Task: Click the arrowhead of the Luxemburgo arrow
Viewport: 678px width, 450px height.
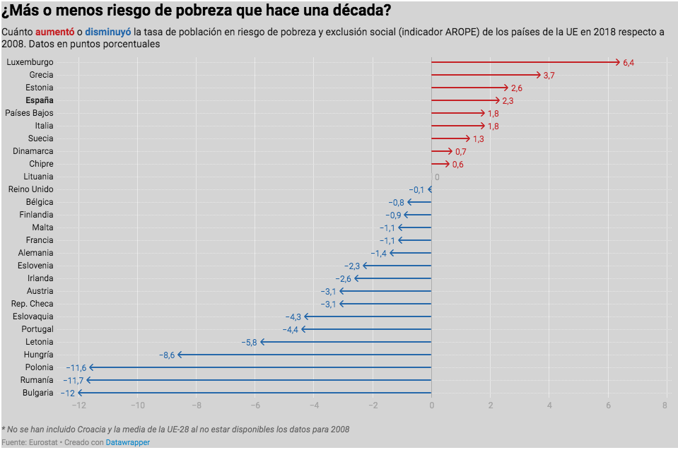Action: pos(618,62)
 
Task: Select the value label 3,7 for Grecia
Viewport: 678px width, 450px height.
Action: pos(549,75)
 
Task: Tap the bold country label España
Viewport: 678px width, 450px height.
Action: pos(40,100)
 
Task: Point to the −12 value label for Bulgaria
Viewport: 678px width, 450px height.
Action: pos(67,393)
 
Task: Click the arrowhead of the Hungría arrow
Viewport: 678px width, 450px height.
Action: pos(180,355)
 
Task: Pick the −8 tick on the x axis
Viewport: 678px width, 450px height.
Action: pos(196,405)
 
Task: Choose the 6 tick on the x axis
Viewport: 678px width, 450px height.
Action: pos(608,405)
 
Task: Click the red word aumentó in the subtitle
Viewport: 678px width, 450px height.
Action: pos(54,32)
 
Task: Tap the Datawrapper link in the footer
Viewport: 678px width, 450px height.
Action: pos(128,442)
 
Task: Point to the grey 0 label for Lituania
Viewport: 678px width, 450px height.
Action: pos(437,177)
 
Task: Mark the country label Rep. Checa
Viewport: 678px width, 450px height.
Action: pos(32,304)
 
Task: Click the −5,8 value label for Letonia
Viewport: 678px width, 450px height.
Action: pos(249,342)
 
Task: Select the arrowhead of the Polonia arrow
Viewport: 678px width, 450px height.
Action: pos(91,367)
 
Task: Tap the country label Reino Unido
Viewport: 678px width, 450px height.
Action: pos(30,189)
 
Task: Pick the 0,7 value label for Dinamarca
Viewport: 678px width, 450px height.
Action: pos(460,152)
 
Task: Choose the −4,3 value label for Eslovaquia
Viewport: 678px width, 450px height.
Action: pos(293,316)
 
